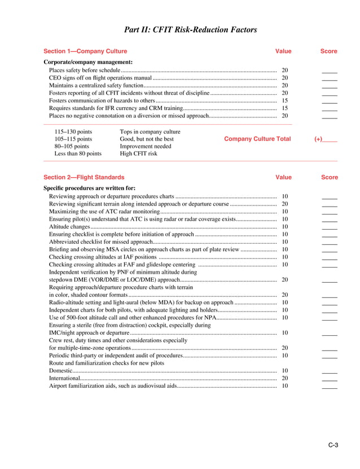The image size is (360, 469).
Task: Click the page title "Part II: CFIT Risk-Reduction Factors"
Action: tap(190, 29)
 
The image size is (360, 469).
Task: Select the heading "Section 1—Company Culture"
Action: tap(85, 51)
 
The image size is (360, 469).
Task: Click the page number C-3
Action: tap(333, 446)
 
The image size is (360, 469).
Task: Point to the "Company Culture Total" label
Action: tap(257, 139)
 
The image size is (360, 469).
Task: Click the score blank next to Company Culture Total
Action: tap(330, 139)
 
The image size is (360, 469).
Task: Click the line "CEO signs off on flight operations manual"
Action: tap(100, 77)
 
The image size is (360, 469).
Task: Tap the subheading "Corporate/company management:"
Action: tap(88, 62)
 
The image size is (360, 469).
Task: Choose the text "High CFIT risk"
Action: tap(139, 154)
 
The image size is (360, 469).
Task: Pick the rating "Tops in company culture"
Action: tap(150, 132)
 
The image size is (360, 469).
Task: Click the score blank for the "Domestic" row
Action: tap(330, 371)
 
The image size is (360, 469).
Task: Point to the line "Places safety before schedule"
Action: tap(84, 70)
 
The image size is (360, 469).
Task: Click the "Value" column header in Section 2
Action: tap(283, 177)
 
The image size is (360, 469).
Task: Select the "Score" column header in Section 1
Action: tap(329, 51)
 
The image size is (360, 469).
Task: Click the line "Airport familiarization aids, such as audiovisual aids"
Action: tap(113, 386)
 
